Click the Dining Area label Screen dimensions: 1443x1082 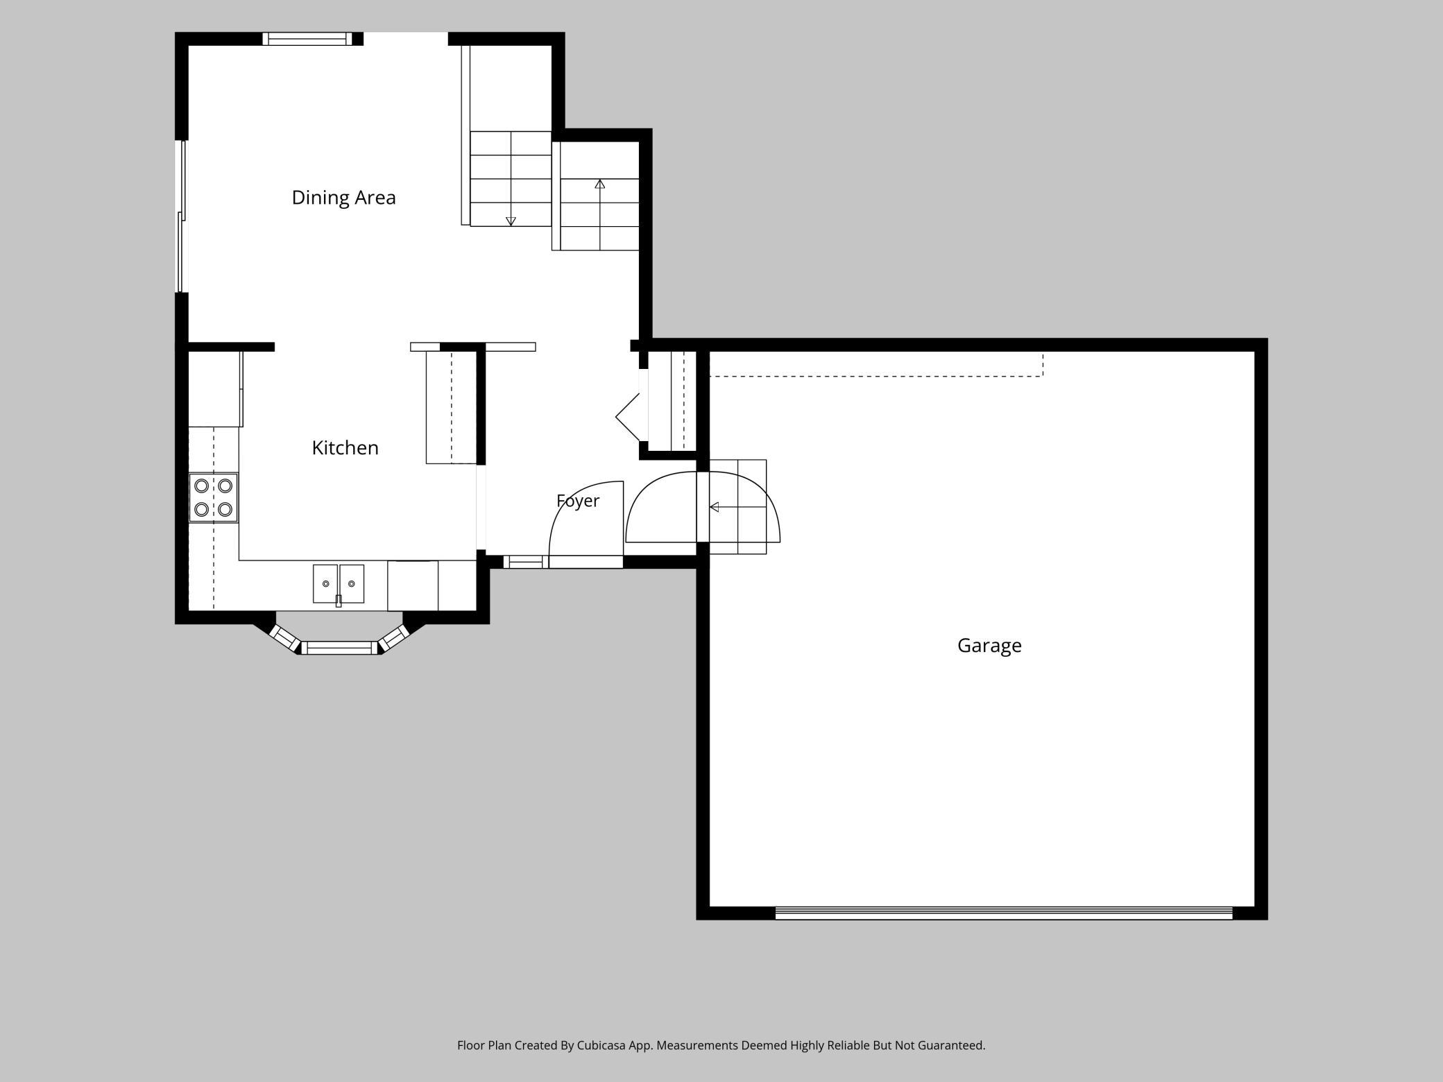pyautogui.click(x=343, y=198)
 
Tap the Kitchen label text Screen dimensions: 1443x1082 pyautogui.click(x=345, y=448)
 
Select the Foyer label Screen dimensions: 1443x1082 pyautogui.click(x=578, y=501)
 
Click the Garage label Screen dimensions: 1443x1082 pyautogui.click(x=989, y=646)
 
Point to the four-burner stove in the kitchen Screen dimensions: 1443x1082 pyautogui.click(x=214, y=498)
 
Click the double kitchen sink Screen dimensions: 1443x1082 pyautogui.click(x=339, y=584)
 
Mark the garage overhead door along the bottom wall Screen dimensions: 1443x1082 pyautogui.click(x=1003, y=913)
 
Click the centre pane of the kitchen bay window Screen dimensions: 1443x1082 pyautogui.click(x=339, y=648)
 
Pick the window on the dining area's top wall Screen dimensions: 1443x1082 pyautogui.click(x=307, y=39)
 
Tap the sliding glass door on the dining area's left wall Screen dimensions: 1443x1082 pyautogui.click(x=181, y=216)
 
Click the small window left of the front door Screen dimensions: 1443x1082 pyautogui.click(x=525, y=562)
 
